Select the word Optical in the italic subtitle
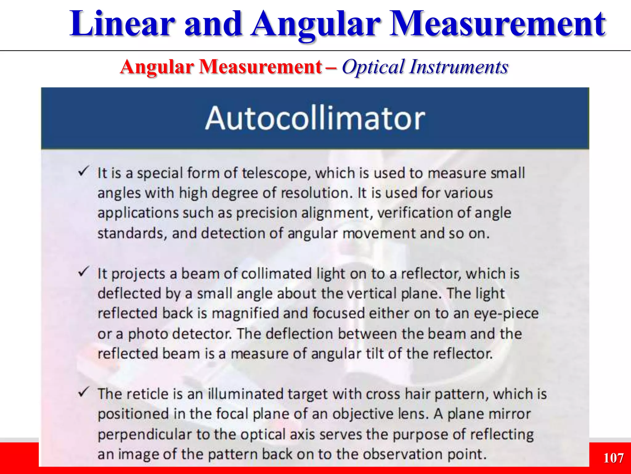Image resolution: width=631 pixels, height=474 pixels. click(x=373, y=67)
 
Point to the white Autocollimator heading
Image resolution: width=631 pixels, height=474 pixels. click(x=315, y=118)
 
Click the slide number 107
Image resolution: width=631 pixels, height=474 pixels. click(x=613, y=458)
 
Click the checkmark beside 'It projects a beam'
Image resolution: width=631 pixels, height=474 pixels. click(x=83, y=272)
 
